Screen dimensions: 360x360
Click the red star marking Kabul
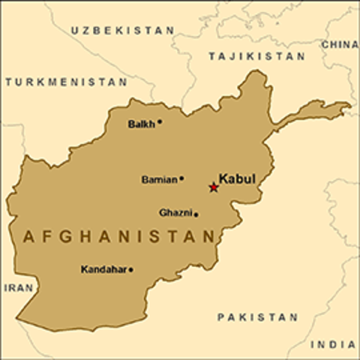coord(213,187)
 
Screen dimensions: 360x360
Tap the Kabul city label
coord(237,180)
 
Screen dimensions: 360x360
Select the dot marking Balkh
coord(160,121)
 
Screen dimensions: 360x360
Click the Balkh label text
coord(141,124)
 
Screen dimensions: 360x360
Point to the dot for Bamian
coord(181,178)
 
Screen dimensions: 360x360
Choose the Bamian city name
coord(159,180)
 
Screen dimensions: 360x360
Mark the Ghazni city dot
coord(196,214)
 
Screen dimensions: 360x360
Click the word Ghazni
coord(175,213)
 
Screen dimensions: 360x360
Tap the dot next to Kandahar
coord(130,269)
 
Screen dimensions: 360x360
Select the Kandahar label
coord(103,269)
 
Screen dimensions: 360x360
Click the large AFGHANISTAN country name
coord(118,237)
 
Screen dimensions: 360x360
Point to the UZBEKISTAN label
coord(122,30)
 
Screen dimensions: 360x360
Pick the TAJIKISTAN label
coord(256,56)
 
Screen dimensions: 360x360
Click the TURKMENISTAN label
coord(65,82)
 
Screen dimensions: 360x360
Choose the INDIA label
coord(334,344)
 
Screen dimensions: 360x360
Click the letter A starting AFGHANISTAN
coord(28,237)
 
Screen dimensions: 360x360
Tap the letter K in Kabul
coord(223,180)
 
